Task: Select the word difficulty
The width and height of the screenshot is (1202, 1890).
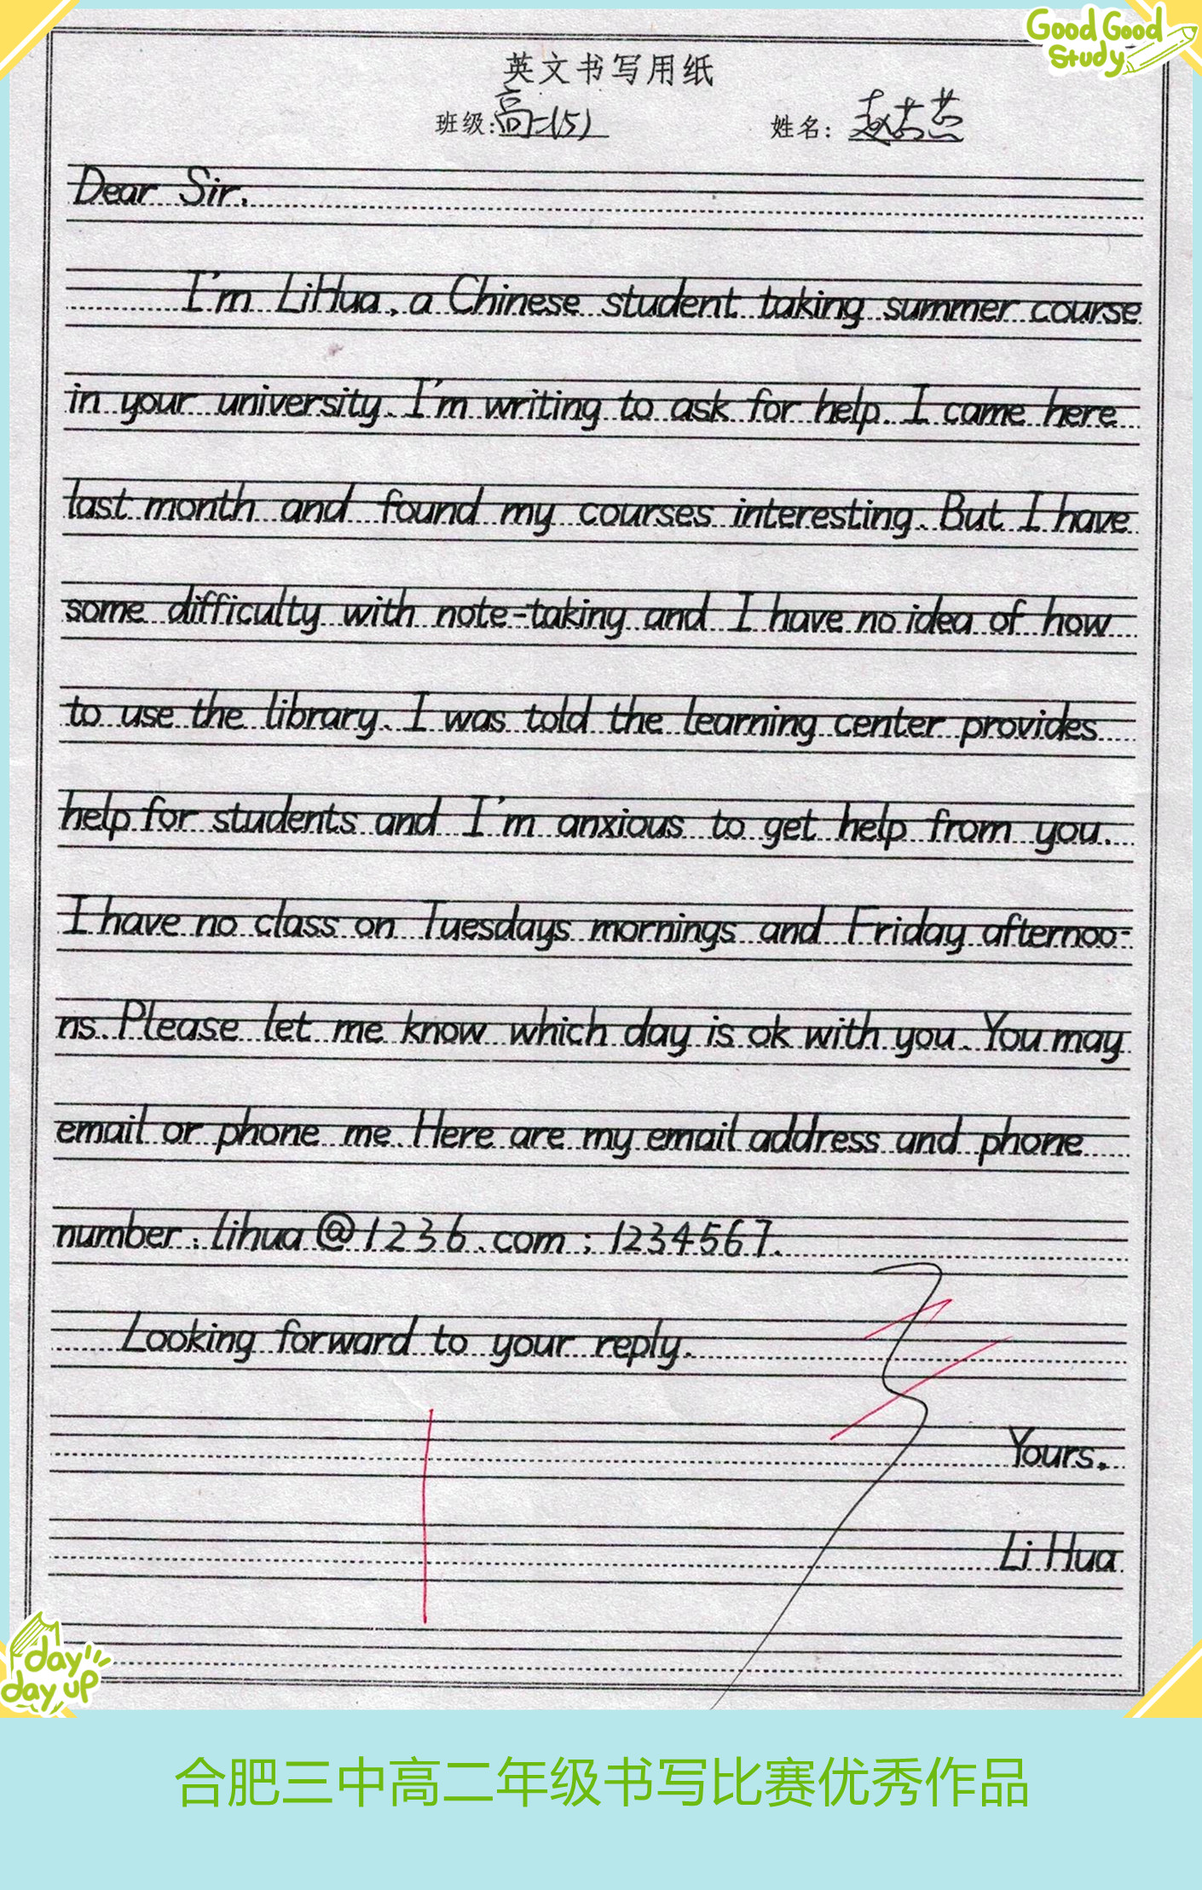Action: tap(244, 612)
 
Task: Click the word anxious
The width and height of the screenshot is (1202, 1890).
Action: tap(621, 824)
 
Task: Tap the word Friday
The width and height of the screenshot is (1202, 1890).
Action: tap(905, 929)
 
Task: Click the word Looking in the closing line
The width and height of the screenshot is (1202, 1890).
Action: tap(188, 1337)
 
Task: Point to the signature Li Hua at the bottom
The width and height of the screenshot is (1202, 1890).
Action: tap(1058, 1556)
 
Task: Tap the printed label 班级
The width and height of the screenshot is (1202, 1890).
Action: tap(459, 124)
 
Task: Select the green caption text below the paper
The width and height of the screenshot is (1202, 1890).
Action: tap(601, 1782)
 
